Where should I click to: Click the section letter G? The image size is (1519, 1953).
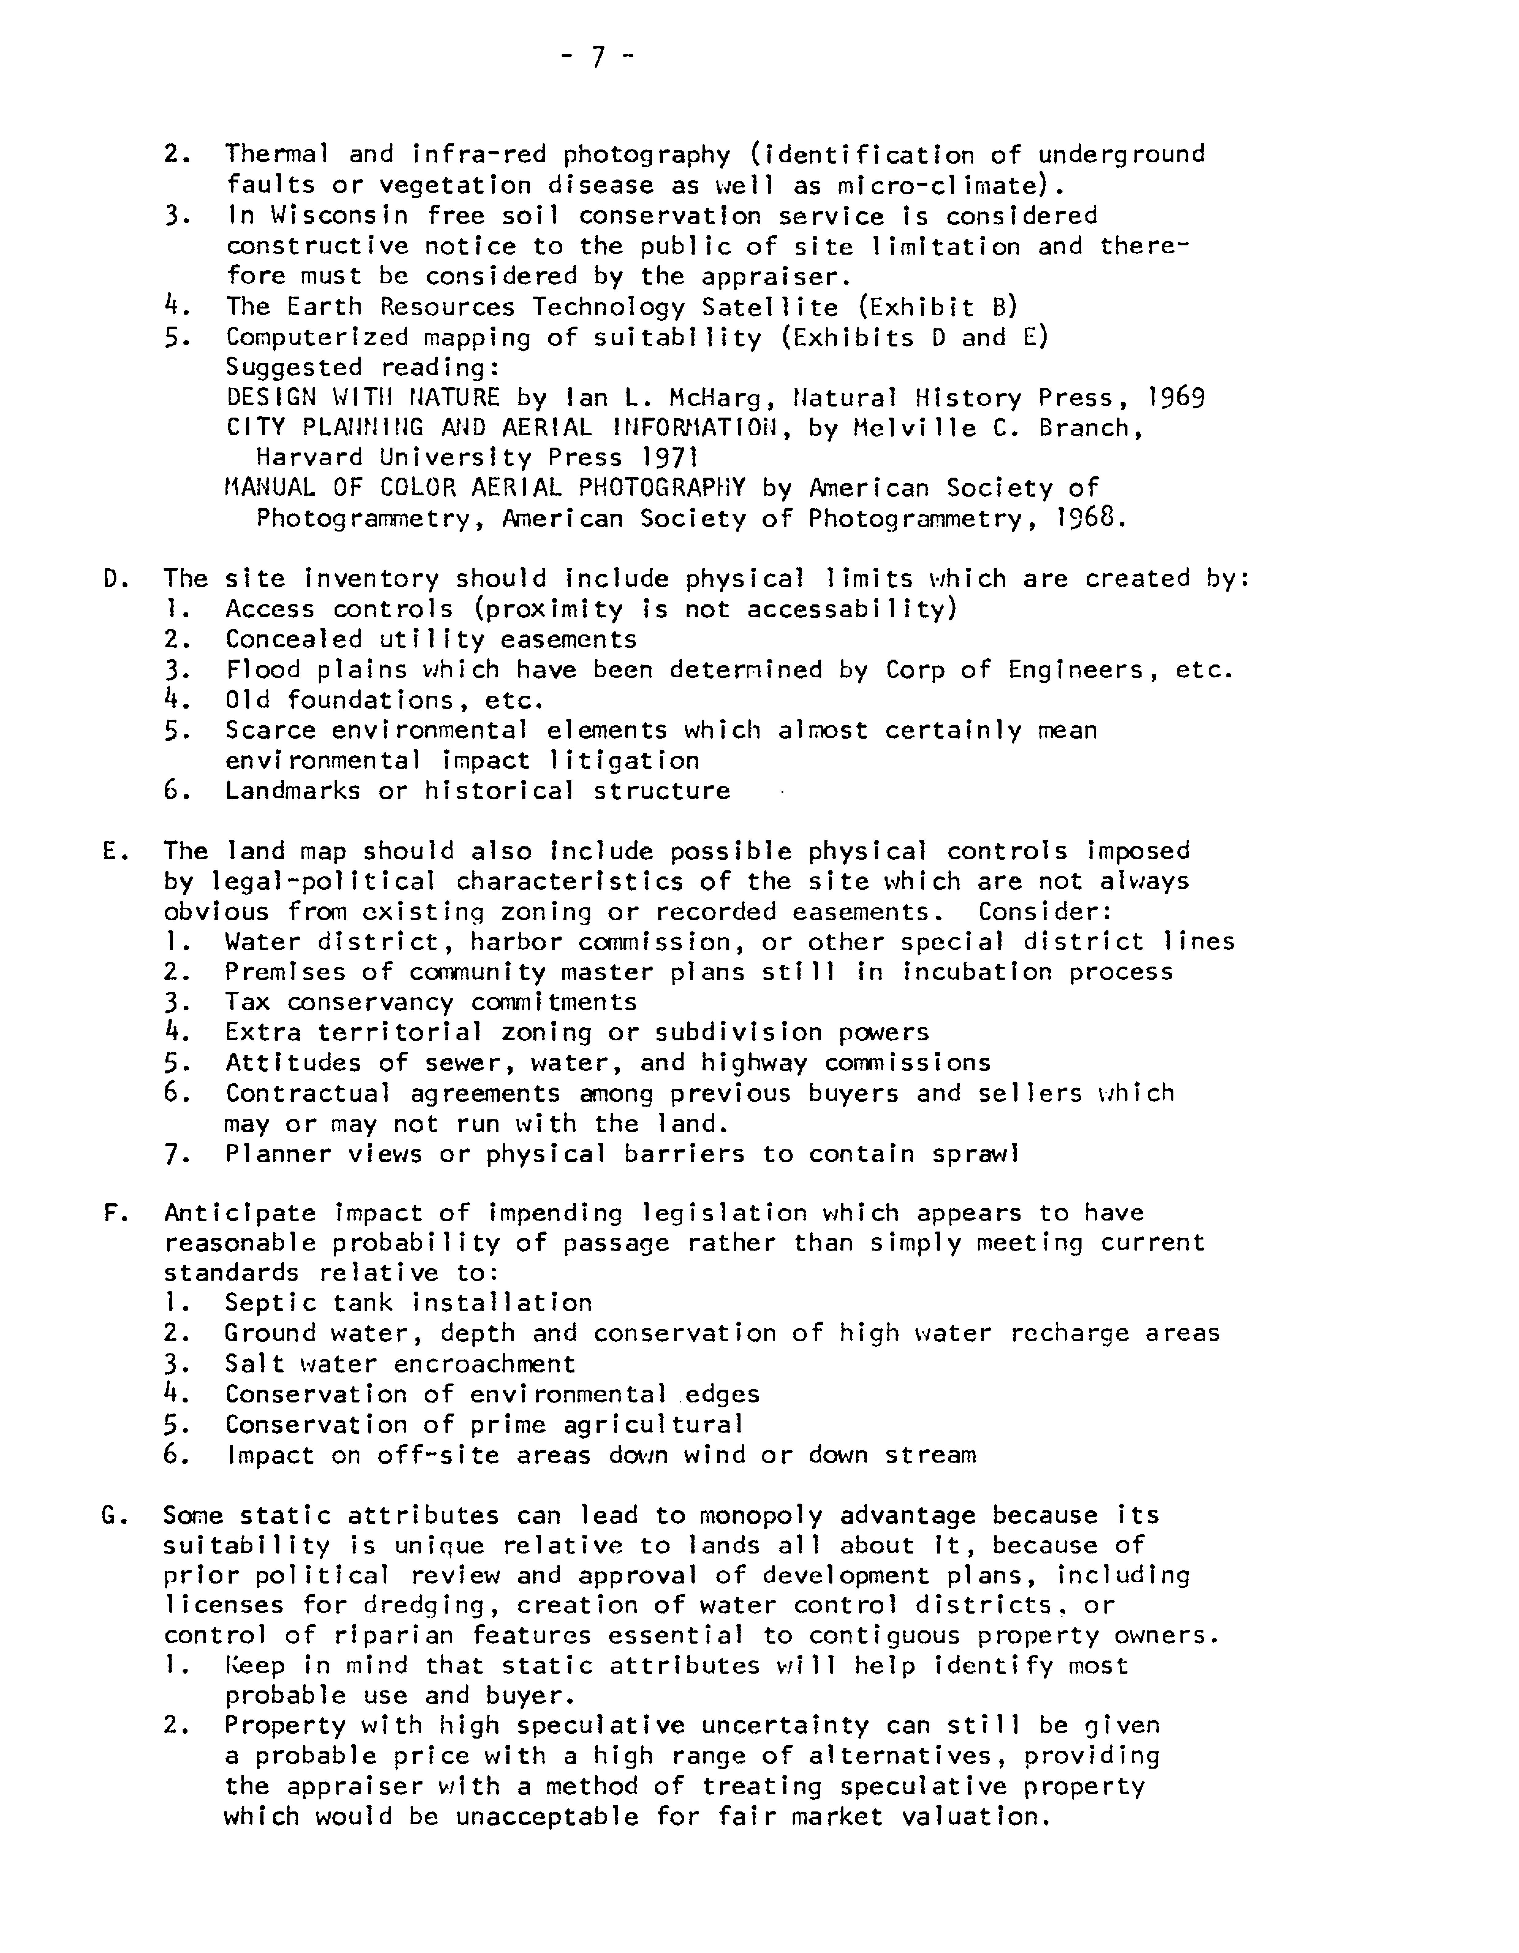[x=113, y=1516]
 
